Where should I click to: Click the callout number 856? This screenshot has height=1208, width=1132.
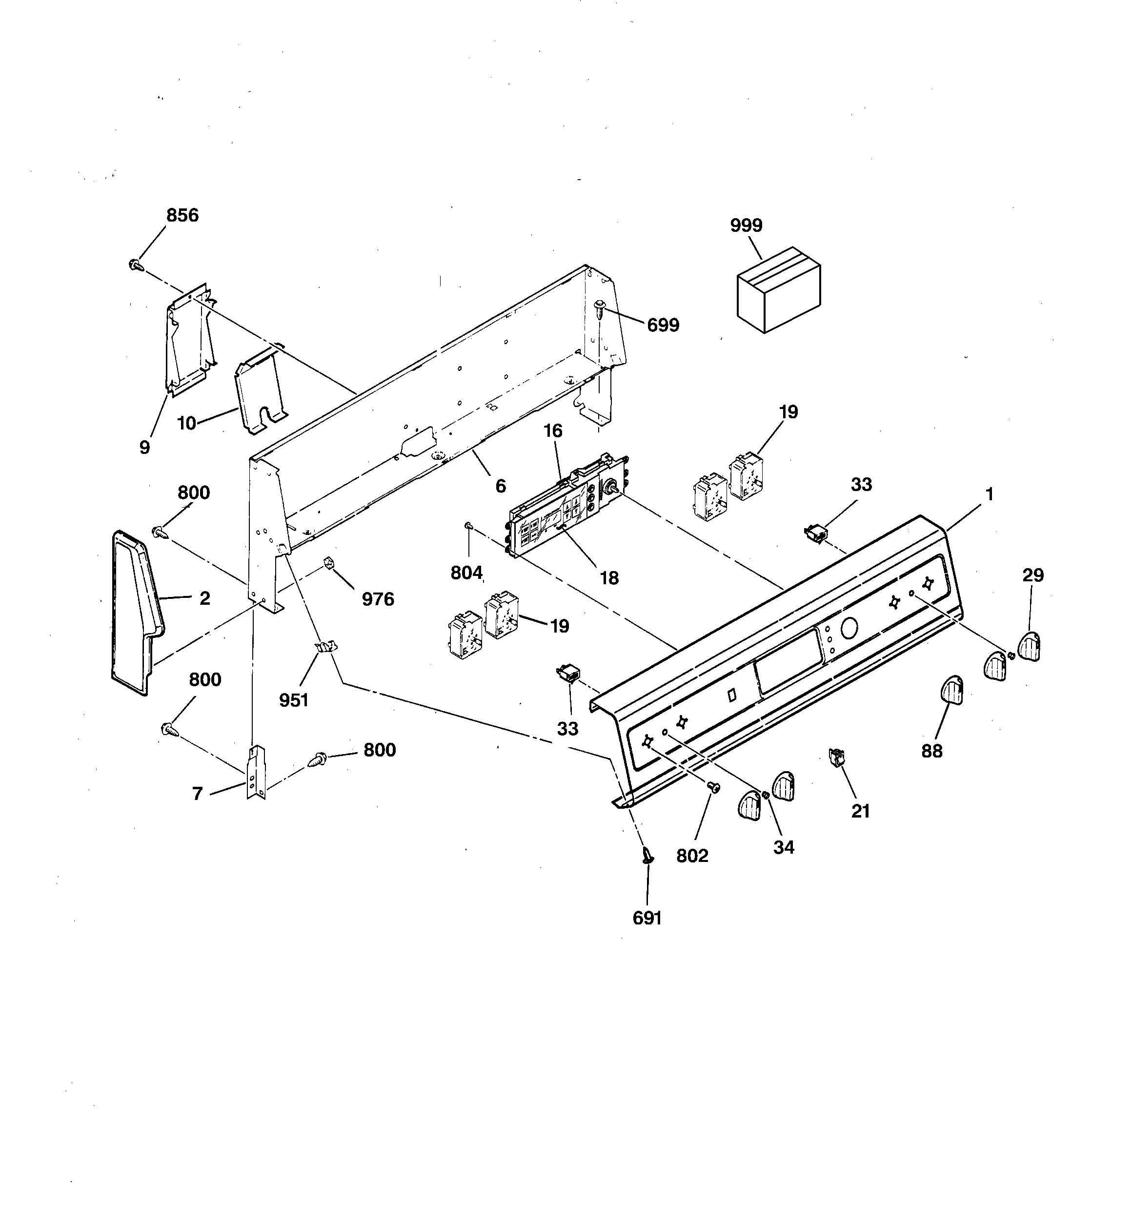coord(182,215)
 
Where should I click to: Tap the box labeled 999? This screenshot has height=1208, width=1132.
coord(778,290)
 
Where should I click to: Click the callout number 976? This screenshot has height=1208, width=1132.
coord(378,599)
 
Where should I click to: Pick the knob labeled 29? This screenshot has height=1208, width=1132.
coord(1030,646)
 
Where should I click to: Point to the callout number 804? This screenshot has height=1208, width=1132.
coord(466,573)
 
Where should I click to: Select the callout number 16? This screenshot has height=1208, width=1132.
coord(552,431)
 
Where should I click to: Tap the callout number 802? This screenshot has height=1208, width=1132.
coord(692,856)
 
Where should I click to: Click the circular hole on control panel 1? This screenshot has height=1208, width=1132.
coord(849,628)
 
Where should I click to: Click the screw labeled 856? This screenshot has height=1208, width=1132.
coord(136,265)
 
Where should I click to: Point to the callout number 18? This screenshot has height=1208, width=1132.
coord(609,578)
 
